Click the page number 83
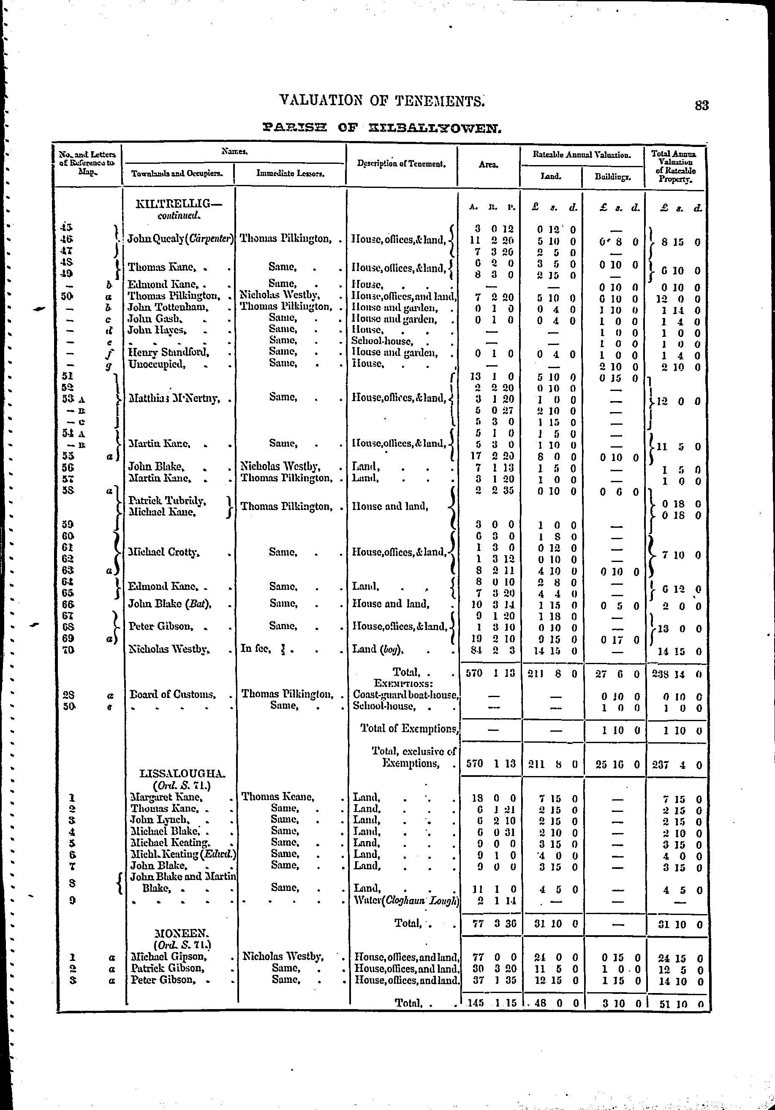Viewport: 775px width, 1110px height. coord(701,106)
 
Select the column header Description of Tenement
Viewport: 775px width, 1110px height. coord(401,164)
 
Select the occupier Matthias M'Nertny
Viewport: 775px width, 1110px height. coord(174,399)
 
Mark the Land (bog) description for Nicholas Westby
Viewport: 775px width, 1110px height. coord(378,650)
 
